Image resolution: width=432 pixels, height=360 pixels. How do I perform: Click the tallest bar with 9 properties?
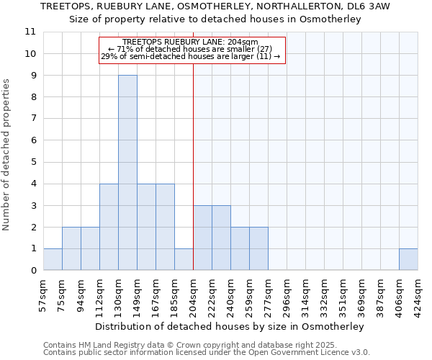(x=127, y=173)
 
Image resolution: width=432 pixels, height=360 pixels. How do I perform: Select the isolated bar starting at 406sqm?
(x=408, y=259)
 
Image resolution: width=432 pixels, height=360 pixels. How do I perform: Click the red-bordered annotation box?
(x=192, y=50)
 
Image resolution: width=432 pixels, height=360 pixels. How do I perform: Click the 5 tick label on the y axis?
(x=32, y=162)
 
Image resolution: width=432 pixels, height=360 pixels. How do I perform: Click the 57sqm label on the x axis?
(x=43, y=294)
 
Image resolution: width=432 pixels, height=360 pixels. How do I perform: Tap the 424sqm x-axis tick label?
(x=418, y=294)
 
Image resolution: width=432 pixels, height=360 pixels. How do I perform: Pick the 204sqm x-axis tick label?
(x=193, y=294)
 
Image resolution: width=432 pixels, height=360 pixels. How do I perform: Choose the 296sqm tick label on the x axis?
(x=287, y=294)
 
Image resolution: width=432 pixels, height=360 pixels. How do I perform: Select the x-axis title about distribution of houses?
(x=230, y=326)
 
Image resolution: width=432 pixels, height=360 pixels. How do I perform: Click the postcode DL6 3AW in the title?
(x=371, y=6)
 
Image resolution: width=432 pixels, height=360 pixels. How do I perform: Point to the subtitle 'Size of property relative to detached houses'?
(x=215, y=19)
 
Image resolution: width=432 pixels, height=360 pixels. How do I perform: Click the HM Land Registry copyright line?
(x=206, y=345)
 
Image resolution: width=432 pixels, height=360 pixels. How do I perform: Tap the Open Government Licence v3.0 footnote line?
(x=206, y=353)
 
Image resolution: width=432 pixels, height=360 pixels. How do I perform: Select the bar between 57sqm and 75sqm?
(x=53, y=259)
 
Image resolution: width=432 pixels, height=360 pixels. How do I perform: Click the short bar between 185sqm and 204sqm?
(x=184, y=259)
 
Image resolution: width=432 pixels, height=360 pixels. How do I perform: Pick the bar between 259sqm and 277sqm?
(x=258, y=248)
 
